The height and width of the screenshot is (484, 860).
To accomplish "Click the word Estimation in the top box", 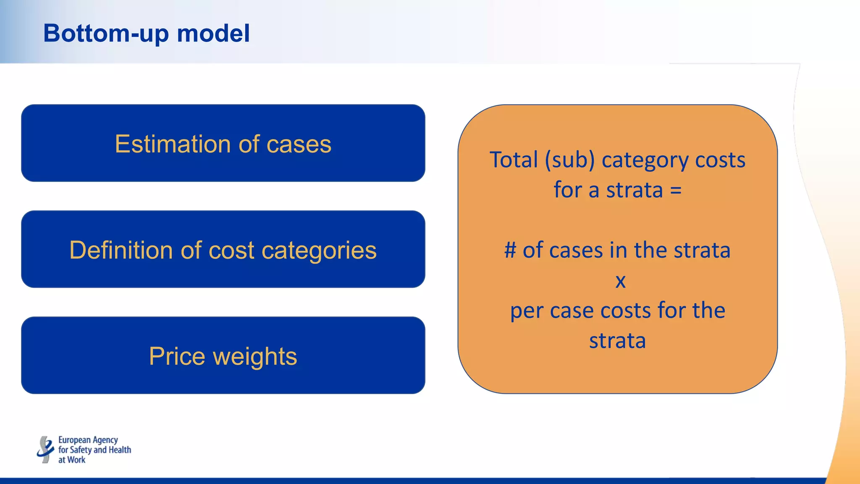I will [x=173, y=144].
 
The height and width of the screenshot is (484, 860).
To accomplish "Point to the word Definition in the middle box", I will [x=121, y=250].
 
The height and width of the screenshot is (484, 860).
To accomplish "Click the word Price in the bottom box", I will [x=177, y=357].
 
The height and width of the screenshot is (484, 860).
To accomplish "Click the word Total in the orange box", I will [x=514, y=160].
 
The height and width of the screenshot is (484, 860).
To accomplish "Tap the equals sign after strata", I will [x=676, y=191].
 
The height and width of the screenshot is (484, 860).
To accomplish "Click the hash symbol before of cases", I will [x=510, y=250].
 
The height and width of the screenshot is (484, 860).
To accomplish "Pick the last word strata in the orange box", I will [x=617, y=341].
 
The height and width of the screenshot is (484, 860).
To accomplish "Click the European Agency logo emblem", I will [x=45, y=450].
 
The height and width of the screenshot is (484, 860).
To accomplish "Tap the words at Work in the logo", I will [x=72, y=460].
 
